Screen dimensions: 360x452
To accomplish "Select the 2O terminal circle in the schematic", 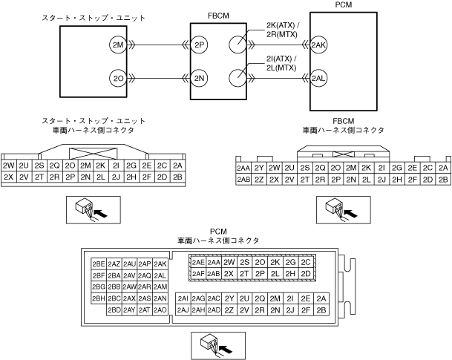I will coord(117,77).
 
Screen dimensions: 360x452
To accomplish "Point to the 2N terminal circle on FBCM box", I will coord(198,77).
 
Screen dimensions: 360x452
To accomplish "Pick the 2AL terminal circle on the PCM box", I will coord(319,77).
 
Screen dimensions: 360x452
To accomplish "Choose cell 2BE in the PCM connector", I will coord(98,264).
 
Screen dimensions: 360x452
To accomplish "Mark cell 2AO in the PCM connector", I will coord(160,309).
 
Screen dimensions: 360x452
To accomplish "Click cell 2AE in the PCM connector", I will coord(198,262).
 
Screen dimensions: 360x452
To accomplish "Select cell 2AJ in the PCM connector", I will coord(183,309).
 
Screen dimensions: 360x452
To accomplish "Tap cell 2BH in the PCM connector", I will coord(98,298).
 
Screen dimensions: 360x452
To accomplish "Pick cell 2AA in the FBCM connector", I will coord(243,168).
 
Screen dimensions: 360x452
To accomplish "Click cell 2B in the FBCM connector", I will coord(443,178).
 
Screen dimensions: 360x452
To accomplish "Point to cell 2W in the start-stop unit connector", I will coord(9,166).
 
